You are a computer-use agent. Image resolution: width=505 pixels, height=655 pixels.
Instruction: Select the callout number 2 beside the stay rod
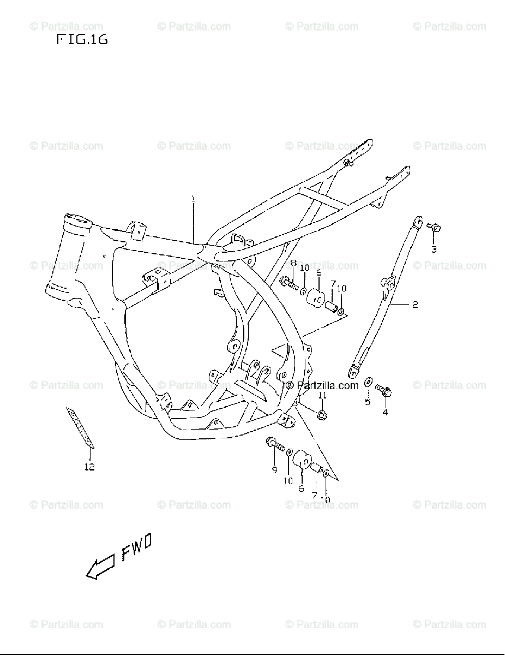(415, 305)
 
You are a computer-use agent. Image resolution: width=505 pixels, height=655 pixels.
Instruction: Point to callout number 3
(434, 250)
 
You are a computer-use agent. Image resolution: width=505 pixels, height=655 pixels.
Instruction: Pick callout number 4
(385, 412)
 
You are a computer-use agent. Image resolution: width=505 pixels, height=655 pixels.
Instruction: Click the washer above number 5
(369, 381)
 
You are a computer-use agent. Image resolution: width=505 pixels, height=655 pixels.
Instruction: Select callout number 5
(368, 402)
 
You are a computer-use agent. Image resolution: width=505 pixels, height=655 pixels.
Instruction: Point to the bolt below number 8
(287, 282)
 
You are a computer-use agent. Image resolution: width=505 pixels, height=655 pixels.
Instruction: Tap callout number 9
(274, 469)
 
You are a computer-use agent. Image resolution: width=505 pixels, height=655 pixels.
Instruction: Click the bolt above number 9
(276, 445)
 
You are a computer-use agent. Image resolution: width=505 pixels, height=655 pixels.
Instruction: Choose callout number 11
(322, 395)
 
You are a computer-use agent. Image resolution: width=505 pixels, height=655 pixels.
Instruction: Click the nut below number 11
(322, 414)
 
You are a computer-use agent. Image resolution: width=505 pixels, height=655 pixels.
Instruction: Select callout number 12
(89, 467)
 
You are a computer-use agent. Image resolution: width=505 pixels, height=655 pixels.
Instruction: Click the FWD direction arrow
(100, 567)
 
